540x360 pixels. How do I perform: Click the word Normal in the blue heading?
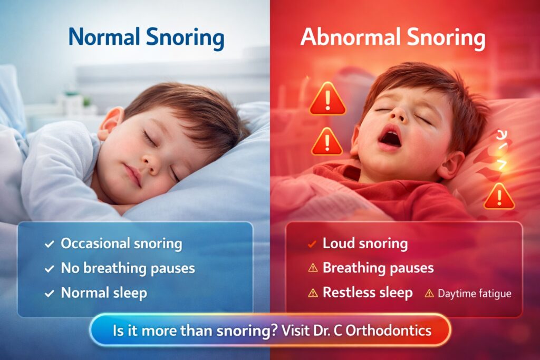pos(104,37)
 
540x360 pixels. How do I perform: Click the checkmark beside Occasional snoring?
pos(49,244)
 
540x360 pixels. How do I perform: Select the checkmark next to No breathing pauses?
pos(49,268)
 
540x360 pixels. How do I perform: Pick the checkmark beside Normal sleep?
pos(49,293)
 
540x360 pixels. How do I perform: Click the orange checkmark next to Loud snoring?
pos(312,245)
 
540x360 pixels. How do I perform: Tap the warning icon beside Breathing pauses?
pos(313,268)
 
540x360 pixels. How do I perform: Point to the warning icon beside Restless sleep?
pos(313,293)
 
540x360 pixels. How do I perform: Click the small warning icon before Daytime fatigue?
pos(429,293)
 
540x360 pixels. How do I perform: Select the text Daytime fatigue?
pos(474,294)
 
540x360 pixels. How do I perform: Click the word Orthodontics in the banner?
pos(389,330)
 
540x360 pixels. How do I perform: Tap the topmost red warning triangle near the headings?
pos(327,99)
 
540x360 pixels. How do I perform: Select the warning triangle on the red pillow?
pos(499,196)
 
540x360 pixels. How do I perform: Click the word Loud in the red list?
pos(338,244)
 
